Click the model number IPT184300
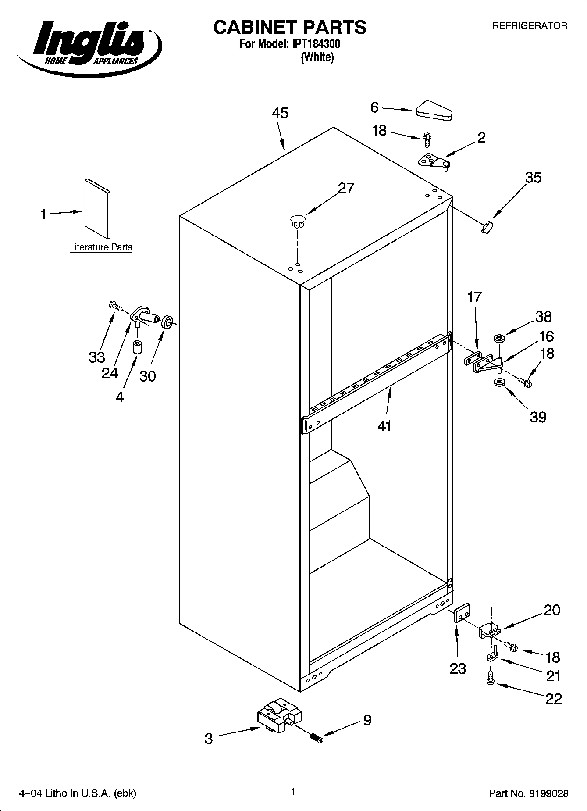point(313,44)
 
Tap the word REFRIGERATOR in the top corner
point(530,26)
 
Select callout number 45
point(280,113)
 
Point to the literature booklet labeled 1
point(97,207)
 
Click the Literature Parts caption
point(101,247)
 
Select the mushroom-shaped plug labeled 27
point(297,220)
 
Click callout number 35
point(533,178)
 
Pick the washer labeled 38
point(499,338)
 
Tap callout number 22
point(553,698)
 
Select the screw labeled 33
point(115,305)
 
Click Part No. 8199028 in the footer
point(528,793)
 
